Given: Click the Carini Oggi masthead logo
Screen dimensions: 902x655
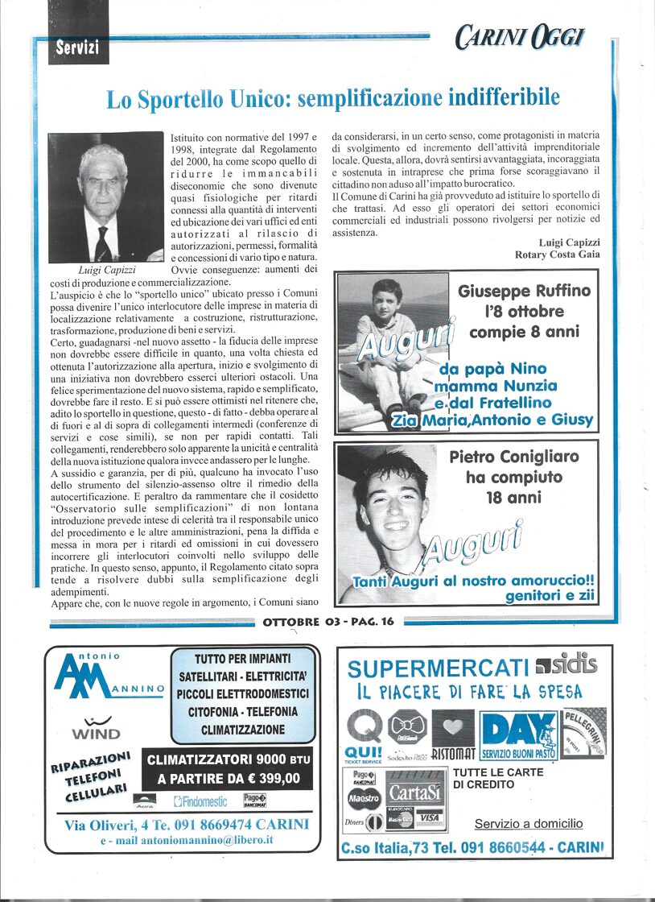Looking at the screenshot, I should pos(519,36).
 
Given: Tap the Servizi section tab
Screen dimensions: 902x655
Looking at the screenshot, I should pos(77,48).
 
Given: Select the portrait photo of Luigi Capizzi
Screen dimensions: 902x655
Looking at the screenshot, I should pos(105,197).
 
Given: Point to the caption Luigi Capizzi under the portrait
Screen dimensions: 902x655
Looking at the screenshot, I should pos(106,270).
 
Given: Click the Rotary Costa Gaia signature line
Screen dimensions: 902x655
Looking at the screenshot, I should pos(556,254).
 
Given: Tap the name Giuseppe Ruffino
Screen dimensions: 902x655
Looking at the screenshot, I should pos(524,291).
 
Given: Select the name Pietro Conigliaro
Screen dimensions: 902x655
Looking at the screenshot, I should pos(514,457).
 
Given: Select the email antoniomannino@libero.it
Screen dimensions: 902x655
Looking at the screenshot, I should pos(187,840).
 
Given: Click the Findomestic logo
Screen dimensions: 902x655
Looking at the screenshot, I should pos(200,801).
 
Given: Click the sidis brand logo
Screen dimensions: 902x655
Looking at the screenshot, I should pos(566,664).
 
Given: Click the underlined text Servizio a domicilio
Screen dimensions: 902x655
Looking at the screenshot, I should pos(529,823).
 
